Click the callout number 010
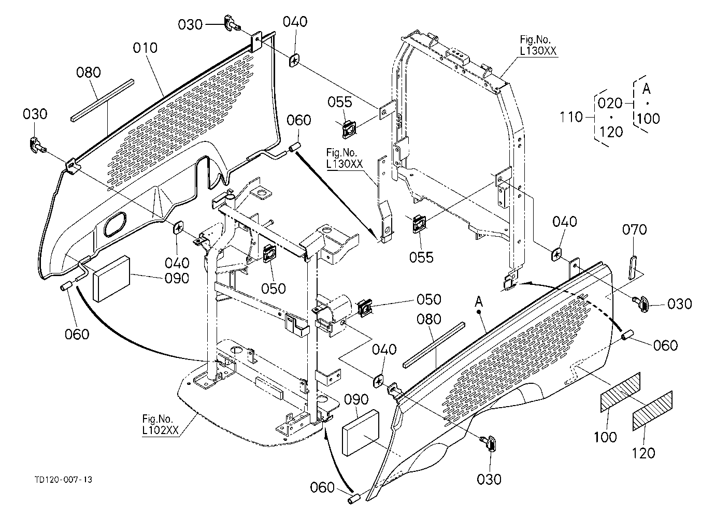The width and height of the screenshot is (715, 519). coord(145,48)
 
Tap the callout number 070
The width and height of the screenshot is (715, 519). coord(635,229)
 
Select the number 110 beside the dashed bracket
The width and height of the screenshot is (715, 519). coord(571,117)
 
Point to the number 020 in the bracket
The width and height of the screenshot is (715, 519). coord(610,103)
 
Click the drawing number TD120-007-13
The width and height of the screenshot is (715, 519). coord(64,480)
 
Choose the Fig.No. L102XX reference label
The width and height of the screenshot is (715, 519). coord(160,425)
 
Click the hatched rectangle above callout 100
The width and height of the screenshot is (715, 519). coord(621,392)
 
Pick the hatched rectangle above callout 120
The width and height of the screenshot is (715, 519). coord(652,411)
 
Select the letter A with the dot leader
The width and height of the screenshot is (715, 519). coord(478,301)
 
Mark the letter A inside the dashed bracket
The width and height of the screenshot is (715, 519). coord(647,89)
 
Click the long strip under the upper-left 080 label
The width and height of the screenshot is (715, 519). coord(102,100)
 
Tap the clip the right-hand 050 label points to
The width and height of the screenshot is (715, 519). coord(364,308)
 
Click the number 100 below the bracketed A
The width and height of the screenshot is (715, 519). coord(649,119)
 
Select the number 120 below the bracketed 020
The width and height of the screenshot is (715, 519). coord(611,132)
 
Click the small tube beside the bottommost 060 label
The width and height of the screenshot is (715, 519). coord(354,499)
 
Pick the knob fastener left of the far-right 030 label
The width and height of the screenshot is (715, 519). coord(641,303)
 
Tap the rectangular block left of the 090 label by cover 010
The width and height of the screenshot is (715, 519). coord(111,278)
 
